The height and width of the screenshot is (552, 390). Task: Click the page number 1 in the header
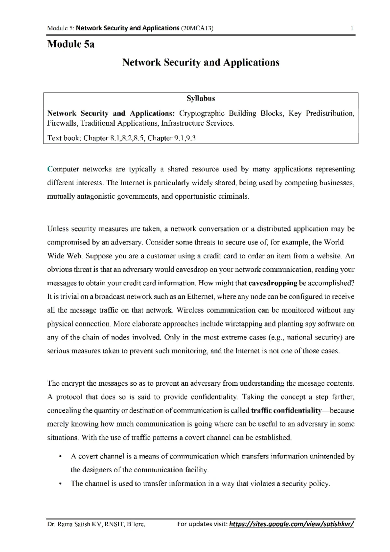(352, 28)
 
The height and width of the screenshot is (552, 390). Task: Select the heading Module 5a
(71, 44)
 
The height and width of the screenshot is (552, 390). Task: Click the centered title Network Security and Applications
(201, 62)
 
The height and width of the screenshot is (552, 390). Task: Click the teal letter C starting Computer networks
(49, 169)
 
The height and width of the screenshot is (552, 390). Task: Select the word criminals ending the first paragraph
(233, 197)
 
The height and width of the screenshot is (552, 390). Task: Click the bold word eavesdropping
(273, 283)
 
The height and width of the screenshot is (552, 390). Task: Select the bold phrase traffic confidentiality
(286, 411)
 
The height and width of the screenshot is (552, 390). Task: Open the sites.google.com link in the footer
(291, 524)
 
